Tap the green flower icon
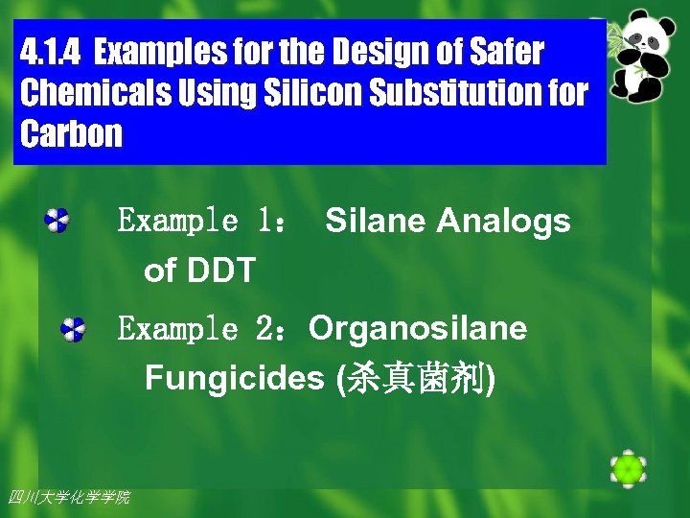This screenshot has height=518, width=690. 628,468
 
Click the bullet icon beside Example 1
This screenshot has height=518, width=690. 57,222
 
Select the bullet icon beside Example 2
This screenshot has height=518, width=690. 73,329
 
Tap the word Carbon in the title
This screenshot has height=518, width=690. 72,134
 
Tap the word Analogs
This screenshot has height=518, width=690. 503,222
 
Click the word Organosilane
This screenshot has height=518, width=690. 418,329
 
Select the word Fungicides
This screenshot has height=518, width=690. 235,379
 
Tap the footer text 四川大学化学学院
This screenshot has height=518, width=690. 68,497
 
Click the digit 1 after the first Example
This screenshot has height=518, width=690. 264,222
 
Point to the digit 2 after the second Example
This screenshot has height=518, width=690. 264,329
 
